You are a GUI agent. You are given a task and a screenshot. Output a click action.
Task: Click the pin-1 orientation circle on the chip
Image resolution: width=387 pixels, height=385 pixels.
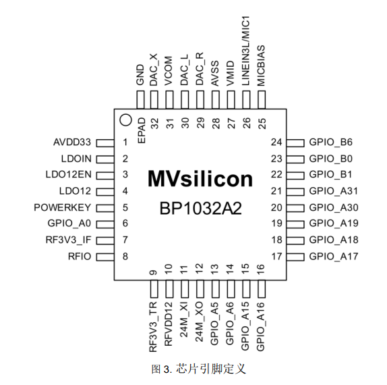(125, 120)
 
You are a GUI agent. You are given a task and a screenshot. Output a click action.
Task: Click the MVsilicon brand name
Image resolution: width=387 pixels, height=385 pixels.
(200, 179)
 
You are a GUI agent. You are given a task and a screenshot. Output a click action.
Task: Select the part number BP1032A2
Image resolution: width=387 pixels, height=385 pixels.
(200, 209)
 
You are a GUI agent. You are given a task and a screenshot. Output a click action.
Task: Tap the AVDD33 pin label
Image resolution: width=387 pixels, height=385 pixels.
(72, 143)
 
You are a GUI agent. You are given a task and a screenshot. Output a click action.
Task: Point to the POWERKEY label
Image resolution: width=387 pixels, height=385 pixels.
(63, 207)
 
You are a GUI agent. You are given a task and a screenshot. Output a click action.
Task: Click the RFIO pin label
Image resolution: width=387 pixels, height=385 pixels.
(80, 257)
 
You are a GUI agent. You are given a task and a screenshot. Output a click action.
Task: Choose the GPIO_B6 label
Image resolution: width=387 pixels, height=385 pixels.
(331, 143)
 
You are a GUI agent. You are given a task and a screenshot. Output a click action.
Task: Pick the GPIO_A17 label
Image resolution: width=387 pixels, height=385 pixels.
(334, 257)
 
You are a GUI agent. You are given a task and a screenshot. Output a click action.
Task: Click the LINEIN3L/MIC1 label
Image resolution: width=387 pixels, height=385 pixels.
(246, 51)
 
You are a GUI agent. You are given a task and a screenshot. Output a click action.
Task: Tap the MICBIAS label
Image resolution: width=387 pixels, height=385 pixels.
(261, 66)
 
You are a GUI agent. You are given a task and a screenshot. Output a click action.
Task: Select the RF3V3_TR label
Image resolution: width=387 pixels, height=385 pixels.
(154, 327)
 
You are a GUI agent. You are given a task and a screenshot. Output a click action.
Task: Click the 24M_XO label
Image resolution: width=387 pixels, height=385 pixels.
(200, 322)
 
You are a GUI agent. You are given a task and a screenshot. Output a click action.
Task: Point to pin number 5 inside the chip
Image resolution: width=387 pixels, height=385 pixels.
(125, 207)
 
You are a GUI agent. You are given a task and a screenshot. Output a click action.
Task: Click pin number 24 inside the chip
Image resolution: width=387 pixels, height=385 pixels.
(276, 143)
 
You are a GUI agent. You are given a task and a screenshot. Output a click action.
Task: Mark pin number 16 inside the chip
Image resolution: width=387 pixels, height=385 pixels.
(261, 269)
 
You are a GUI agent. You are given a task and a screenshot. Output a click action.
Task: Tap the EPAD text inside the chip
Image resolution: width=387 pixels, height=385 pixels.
(142, 130)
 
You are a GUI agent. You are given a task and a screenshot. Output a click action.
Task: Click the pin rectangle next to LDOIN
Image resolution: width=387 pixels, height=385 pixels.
(105, 159)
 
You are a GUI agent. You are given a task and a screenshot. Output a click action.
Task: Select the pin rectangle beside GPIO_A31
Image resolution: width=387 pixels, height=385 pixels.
(295, 192)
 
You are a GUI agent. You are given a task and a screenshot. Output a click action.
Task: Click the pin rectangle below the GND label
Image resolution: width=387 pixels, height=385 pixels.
(140, 100)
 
